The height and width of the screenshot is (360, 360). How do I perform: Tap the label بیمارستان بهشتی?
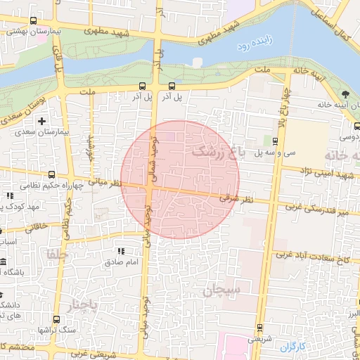coord(27,32)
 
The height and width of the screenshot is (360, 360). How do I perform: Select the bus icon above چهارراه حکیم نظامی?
coord(51,174)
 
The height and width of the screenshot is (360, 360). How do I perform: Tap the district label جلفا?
coord(54,253)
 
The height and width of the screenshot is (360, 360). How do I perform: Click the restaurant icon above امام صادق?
coord(121,251)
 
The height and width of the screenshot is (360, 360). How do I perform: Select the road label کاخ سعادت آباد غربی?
coord(323,259)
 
